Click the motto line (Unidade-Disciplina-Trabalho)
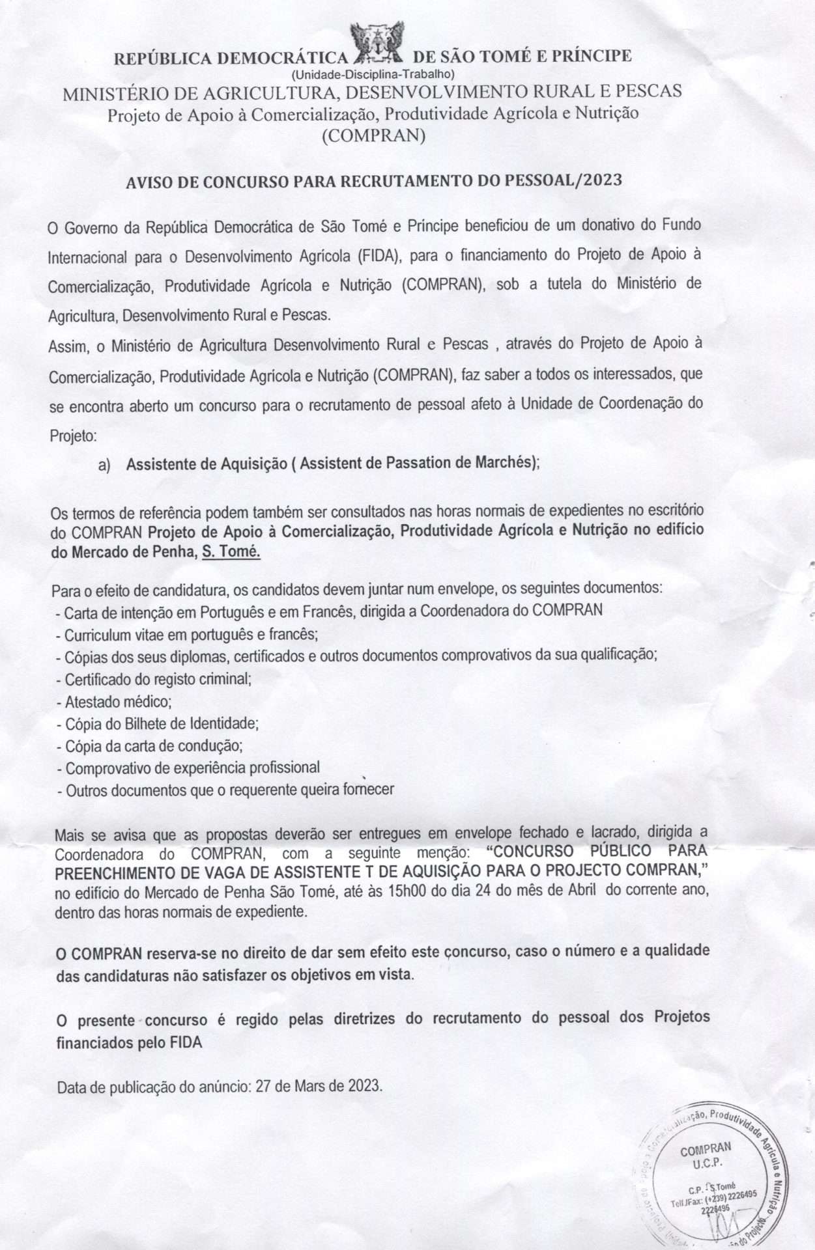coord(373,74)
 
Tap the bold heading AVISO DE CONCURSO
coord(373,180)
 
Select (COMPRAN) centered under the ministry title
coord(373,135)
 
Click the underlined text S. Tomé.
coord(231,552)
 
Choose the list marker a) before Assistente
coord(104,465)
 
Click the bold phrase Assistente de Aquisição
coord(207,464)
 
